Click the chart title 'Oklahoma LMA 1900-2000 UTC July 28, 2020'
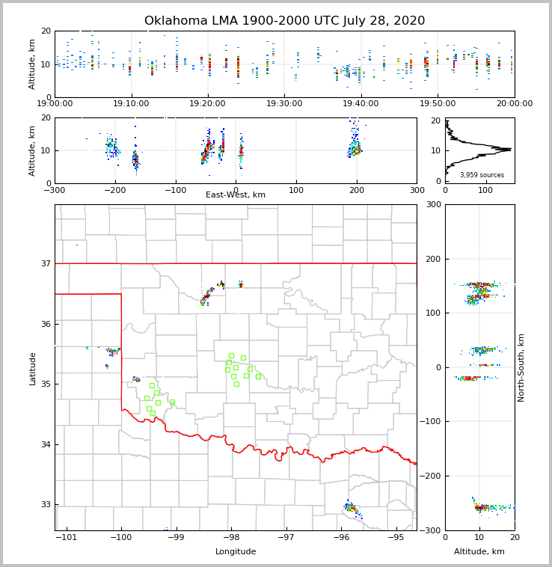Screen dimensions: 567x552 click(x=284, y=21)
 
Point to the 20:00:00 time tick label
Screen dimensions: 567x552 click(x=515, y=104)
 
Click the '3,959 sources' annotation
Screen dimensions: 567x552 click(x=482, y=175)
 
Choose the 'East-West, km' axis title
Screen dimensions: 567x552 click(x=236, y=195)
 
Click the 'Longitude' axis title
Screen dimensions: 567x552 click(x=236, y=552)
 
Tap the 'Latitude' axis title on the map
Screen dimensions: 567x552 click(x=32, y=368)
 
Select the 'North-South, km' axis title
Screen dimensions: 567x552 click(x=521, y=367)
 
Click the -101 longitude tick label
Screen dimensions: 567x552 click(x=67, y=537)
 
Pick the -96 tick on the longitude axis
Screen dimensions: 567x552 click(x=341, y=537)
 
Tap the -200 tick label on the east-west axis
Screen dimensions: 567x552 click(x=114, y=190)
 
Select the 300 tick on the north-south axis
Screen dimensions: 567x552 click(x=432, y=205)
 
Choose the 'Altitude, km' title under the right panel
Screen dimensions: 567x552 click(x=479, y=552)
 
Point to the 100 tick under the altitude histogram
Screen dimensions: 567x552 click(x=485, y=190)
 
